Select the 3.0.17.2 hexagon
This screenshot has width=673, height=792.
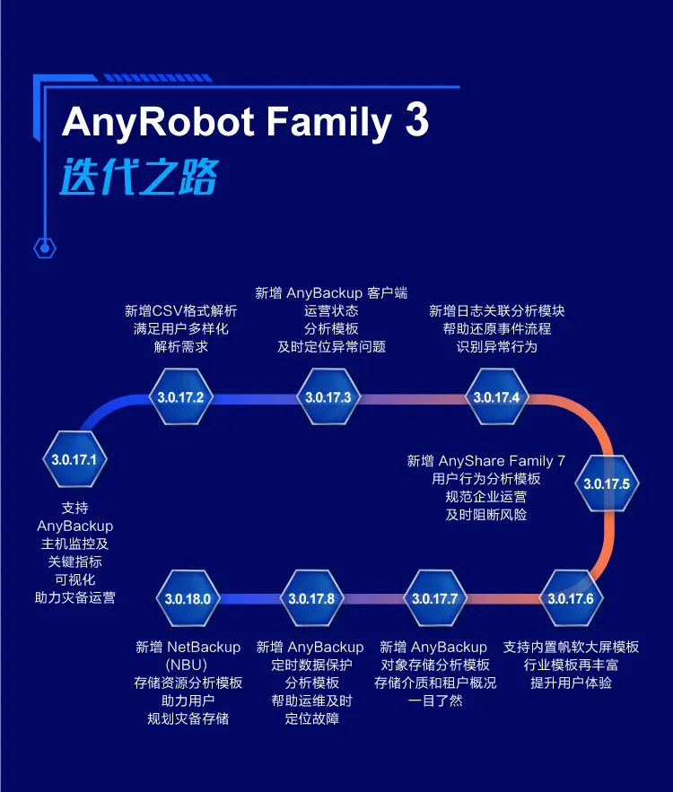pos(180,396)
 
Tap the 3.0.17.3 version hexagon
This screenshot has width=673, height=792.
pos(328,396)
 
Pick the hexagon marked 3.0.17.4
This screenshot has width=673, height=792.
pos(496,396)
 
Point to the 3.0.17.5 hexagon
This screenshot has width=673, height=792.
pos(607,483)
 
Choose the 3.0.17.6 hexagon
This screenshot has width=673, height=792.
pos(571,598)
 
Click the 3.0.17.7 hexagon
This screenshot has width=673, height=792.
pos(434,598)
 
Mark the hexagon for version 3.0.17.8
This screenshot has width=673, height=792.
pos(310,598)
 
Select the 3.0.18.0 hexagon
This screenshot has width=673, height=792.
pos(188,598)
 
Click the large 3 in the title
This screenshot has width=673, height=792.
pos(416,121)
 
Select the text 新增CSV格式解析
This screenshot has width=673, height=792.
pos(180,311)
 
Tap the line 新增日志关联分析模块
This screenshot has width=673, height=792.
pos(496,311)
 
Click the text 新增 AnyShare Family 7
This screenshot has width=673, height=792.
pos(486,461)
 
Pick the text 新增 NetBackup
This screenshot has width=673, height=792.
pos(188,647)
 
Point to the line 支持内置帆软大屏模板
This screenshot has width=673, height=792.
pos(571,647)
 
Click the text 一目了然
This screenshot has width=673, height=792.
pos(434,701)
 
